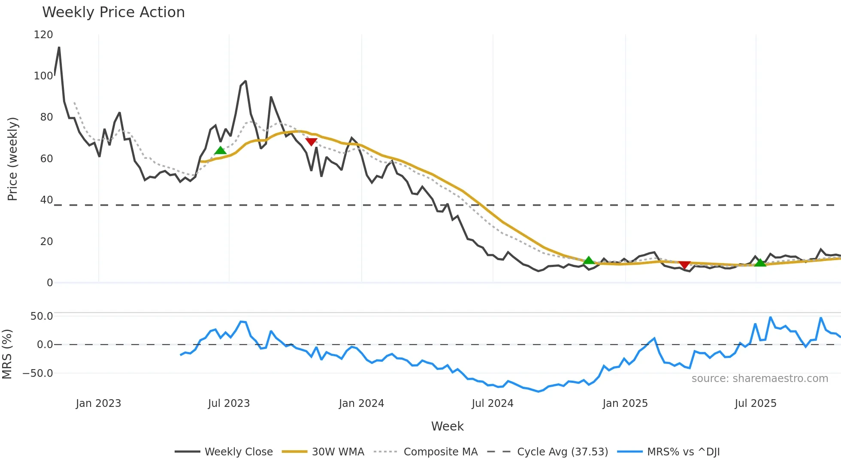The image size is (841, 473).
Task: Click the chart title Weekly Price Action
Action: tap(113, 12)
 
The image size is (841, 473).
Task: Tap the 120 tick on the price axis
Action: tap(43, 35)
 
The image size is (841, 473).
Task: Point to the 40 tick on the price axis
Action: tap(46, 200)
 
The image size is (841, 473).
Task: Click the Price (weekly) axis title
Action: tap(12, 159)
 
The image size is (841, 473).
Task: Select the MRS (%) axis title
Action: tap(7, 354)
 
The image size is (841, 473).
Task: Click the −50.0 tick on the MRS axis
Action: tap(38, 373)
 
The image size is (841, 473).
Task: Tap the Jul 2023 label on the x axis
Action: tap(229, 403)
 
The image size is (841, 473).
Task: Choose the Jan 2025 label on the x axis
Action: tap(625, 403)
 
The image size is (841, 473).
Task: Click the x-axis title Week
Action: tap(447, 426)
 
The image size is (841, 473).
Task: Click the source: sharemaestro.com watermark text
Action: tap(759, 379)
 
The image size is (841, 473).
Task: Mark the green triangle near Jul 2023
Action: tap(220, 150)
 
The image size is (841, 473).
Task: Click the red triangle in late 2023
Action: tap(311, 142)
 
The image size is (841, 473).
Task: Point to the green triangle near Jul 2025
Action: tap(760, 263)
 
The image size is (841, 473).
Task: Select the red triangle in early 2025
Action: tap(684, 265)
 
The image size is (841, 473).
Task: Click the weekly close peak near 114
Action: tap(59, 47)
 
